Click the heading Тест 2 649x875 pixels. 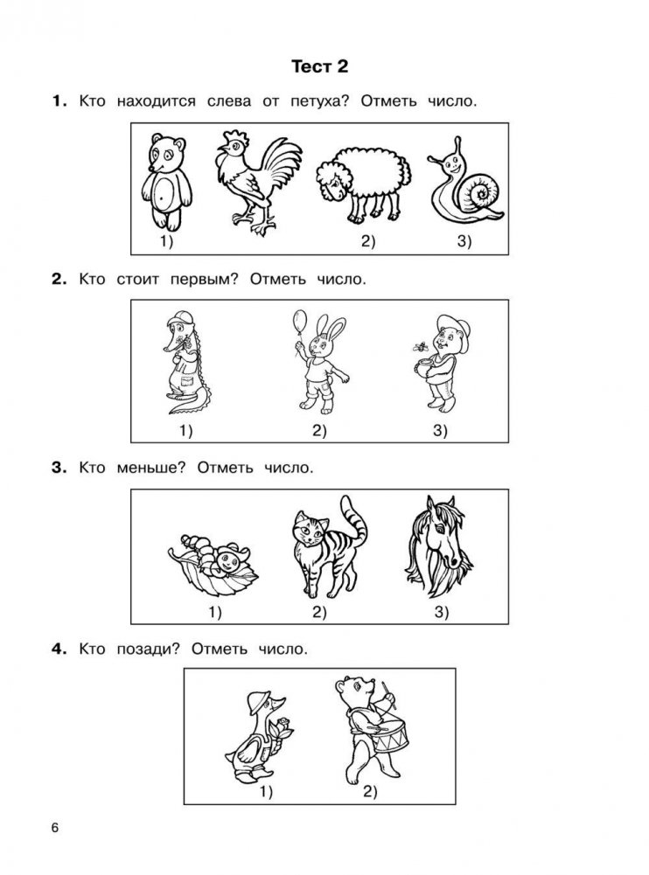tap(319, 66)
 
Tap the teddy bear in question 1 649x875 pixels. tap(166, 182)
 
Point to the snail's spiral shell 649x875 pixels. tap(480, 192)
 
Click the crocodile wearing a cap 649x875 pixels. tap(187, 362)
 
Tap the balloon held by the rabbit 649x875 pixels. tap(300, 322)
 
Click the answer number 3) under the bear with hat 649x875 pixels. tap(440, 430)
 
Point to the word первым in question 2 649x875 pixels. tap(204, 279)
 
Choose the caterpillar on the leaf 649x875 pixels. tap(214, 555)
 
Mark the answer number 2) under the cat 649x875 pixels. tap(319, 612)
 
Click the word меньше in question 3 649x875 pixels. tap(150, 468)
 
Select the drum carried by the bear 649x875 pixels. tap(389, 735)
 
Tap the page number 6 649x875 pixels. tap(55, 828)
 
